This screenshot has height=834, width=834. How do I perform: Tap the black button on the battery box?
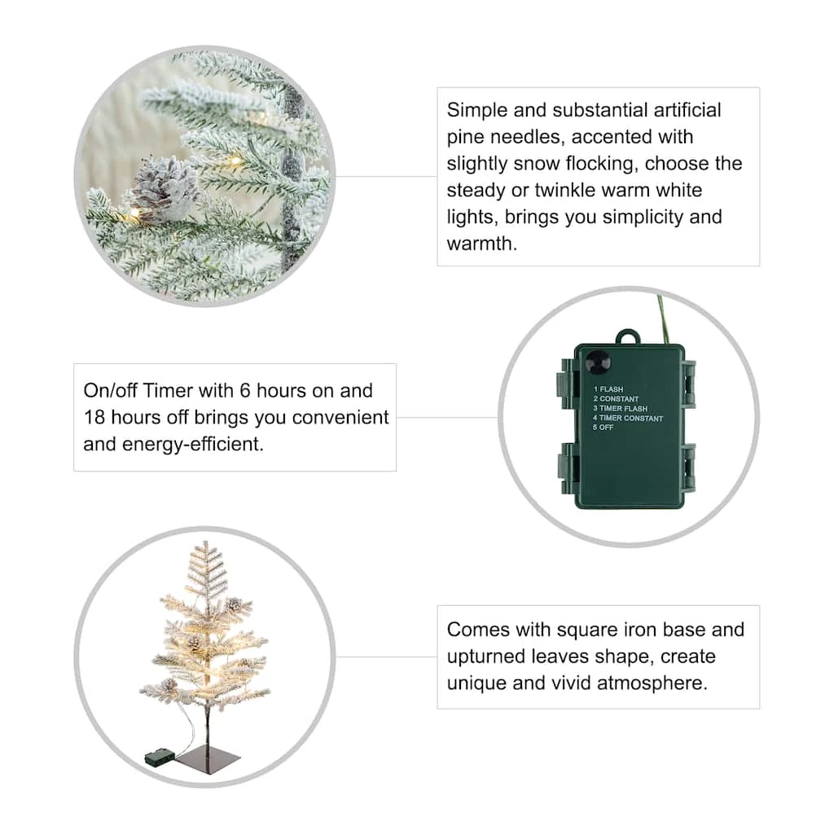[x=598, y=363]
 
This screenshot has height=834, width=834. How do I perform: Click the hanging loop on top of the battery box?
[x=628, y=337]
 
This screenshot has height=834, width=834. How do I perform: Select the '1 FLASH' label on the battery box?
[x=608, y=389]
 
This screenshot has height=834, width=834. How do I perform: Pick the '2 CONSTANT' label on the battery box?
[x=616, y=399]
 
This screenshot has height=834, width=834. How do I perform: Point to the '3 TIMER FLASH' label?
[x=620, y=409]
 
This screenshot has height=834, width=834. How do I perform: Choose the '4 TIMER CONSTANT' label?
[x=628, y=418]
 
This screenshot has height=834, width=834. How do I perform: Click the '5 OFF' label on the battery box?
[x=604, y=427]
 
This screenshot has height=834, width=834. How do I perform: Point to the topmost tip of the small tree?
[x=206, y=542]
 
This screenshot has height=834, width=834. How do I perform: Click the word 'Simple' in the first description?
[x=476, y=111]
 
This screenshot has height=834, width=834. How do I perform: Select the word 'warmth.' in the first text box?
[x=482, y=244]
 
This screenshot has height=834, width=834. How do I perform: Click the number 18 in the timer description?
[x=94, y=417]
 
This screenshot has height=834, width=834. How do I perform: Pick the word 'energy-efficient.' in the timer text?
[x=193, y=444]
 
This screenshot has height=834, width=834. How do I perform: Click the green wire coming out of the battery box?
[x=663, y=319]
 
